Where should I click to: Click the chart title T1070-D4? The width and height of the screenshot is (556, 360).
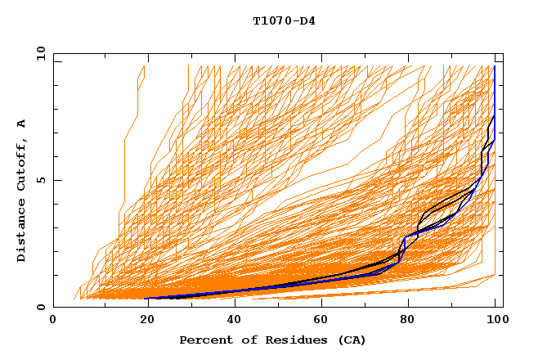pyautogui.click(x=284, y=21)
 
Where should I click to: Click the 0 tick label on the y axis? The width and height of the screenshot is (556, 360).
pyautogui.click(x=40, y=307)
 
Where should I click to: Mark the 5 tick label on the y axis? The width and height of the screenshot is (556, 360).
pyautogui.click(x=40, y=180)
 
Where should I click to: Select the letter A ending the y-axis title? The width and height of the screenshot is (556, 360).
pyautogui.click(x=21, y=123)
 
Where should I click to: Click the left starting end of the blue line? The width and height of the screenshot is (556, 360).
pyautogui.click(x=147, y=298)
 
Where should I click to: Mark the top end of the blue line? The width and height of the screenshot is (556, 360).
pyautogui.click(x=494, y=67)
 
